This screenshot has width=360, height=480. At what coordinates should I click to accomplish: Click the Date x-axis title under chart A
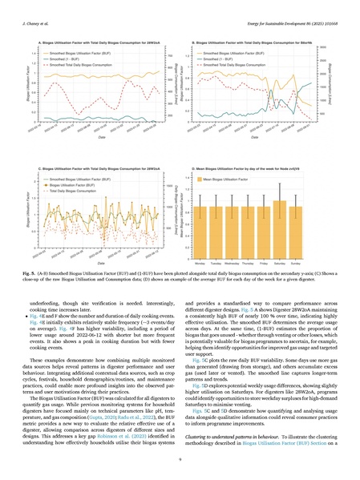100,135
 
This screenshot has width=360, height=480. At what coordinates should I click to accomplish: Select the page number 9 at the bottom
180,458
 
